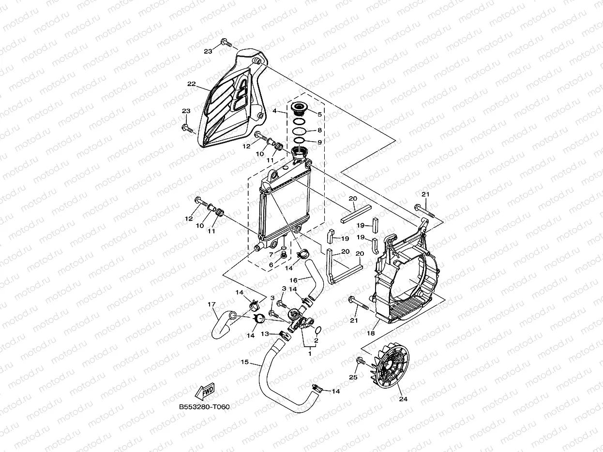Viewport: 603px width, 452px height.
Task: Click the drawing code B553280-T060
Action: coord(204,407)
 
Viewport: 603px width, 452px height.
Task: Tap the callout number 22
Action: coord(192,84)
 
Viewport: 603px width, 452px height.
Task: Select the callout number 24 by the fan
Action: coord(403,399)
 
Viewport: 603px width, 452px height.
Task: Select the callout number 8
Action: coord(319,131)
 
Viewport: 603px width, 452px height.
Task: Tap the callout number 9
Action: coord(319,142)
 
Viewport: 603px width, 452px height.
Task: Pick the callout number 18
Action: coord(371,333)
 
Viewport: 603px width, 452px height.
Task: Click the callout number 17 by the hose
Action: coord(211,305)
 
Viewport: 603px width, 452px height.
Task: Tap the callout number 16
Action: coord(293,280)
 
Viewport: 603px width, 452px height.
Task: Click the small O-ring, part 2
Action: coord(318,330)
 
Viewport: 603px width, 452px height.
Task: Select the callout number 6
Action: coord(271,265)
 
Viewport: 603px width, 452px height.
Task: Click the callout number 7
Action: coord(271,254)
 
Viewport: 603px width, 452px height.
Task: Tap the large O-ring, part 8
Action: coord(300,131)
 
